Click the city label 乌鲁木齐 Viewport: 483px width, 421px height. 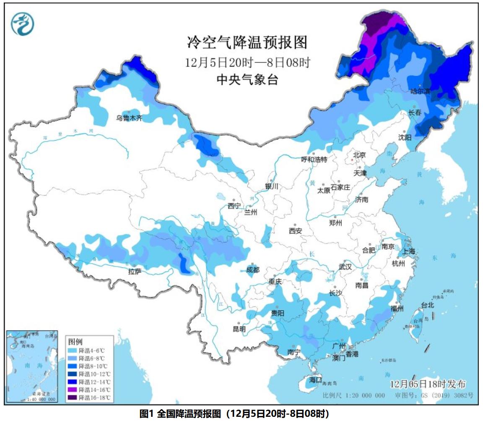pyautogui.click(x=129, y=118)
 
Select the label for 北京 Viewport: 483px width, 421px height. pyautogui.click(x=359, y=155)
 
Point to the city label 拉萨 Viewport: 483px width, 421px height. pyautogui.click(x=135, y=272)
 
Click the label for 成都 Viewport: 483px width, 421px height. pyautogui.click(x=253, y=270)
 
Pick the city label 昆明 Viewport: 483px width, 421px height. pyautogui.click(x=239, y=329)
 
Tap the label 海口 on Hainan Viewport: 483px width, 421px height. pyautogui.click(x=315, y=380)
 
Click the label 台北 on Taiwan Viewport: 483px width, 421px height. pyautogui.click(x=427, y=305)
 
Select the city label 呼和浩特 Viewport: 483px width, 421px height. pyautogui.click(x=314, y=160)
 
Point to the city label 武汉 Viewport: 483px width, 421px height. pyautogui.click(x=345, y=267)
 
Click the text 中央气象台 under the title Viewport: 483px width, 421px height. pyautogui.click(x=247, y=79)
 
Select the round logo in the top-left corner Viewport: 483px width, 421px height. pyautogui.click(x=22, y=24)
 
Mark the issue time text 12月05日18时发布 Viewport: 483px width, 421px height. pyautogui.click(x=427, y=384)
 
